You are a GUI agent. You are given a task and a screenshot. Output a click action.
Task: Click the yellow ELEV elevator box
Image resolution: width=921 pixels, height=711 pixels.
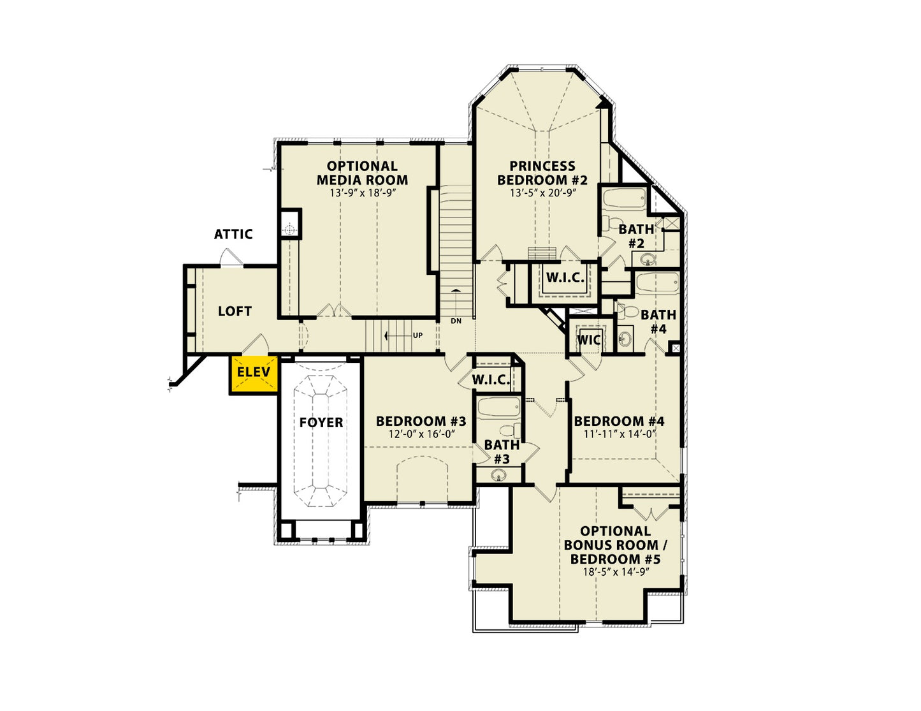pyautogui.click(x=254, y=375)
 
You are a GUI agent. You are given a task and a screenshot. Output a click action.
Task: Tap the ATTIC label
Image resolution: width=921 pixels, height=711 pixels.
pyautogui.click(x=233, y=234)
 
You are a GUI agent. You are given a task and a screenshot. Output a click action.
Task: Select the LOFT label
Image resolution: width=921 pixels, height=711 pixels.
pyautogui.click(x=235, y=311)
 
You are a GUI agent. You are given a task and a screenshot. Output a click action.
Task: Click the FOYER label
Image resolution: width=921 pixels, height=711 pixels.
pyautogui.click(x=321, y=422)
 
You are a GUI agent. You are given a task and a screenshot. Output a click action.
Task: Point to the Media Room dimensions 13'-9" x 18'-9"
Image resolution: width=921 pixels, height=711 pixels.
pyautogui.click(x=363, y=193)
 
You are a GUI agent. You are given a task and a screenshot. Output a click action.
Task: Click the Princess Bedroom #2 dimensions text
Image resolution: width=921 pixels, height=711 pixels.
pyautogui.click(x=542, y=193)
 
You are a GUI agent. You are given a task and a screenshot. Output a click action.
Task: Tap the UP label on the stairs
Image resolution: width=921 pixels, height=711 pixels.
pyautogui.click(x=417, y=335)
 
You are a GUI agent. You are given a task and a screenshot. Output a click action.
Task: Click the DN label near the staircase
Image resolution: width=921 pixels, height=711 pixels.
pyautogui.click(x=456, y=321)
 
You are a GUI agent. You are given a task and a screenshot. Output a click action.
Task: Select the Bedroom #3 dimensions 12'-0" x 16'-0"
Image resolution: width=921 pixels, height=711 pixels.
pyautogui.click(x=421, y=434)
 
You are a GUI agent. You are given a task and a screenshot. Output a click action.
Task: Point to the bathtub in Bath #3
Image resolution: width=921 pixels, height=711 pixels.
pyautogui.click(x=498, y=408)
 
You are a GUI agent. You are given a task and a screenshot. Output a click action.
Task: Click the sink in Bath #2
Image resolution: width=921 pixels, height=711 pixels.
pyautogui.click(x=647, y=258)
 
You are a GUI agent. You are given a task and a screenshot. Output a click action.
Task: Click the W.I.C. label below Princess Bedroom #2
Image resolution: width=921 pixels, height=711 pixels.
pyautogui.click(x=565, y=277)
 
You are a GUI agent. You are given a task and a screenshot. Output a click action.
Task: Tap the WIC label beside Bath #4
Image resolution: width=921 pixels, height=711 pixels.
pyautogui.click(x=589, y=340)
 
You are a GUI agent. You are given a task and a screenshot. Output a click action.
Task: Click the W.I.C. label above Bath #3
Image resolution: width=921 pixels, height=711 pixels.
pyautogui.click(x=491, y=379)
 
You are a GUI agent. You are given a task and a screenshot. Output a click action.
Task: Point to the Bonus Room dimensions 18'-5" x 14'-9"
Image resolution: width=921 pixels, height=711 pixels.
pyautogui.click(x=616, y=572)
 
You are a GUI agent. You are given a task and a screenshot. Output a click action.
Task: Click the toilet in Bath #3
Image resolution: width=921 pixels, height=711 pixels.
pyautogui.click(x=510, y=430)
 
